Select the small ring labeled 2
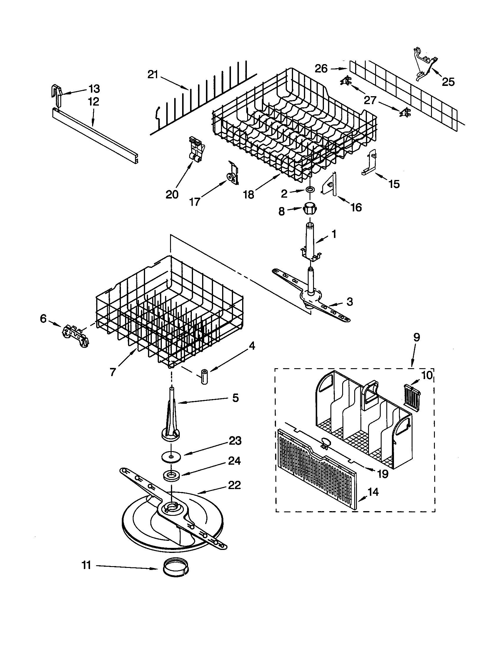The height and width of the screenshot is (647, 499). (310, 189)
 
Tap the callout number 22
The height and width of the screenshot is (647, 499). (234, 485)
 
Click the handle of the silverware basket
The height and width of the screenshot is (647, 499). (370, 391)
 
